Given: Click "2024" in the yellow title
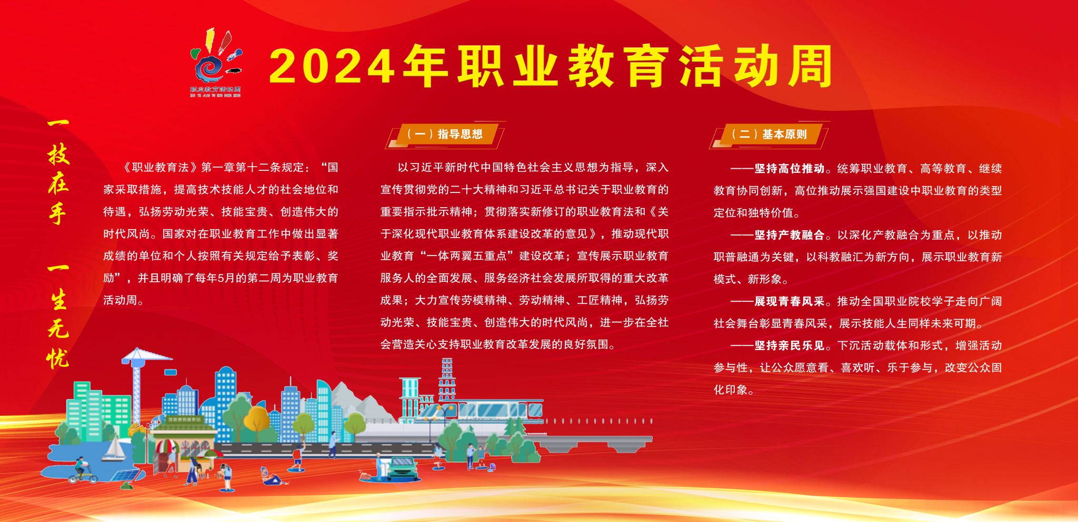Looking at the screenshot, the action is pyautogui.click(x=332, y=67).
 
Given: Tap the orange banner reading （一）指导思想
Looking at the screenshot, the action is pyautogui.click(x=445, y=135).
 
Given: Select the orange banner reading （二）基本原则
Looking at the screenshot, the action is pyautogui.click(x=769, y=135).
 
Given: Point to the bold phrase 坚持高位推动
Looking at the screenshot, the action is pyautogui.click(x=789, y=169).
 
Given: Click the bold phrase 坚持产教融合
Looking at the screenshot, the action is pyautogui.click(x=789, y=235).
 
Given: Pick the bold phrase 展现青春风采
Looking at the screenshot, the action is pyautogui.click(x=789, y=301).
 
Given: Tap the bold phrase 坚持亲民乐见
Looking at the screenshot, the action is pyautogui.click(x=789, y=345).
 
